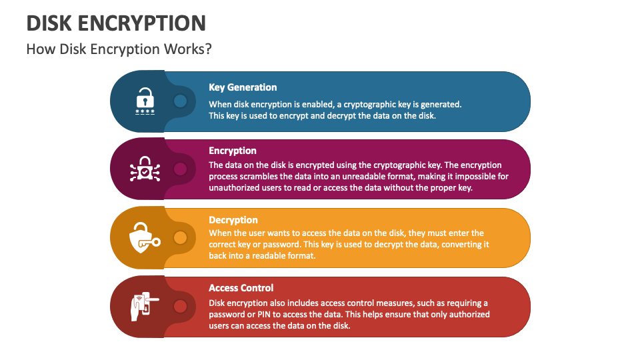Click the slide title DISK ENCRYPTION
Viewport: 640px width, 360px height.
point(116,23)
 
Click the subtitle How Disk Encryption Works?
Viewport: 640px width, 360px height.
point(119,50)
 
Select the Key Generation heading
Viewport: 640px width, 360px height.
point(243,87)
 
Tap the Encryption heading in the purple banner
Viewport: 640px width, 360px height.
point(233,151)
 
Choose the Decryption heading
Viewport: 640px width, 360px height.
point(233,220)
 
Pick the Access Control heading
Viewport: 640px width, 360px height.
point(241,288)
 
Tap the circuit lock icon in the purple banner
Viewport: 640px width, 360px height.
point(145,170)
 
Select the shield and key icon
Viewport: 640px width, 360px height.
point(144,238)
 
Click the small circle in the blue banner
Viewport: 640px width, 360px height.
point(180,101)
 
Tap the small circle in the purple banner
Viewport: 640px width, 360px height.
point(180,169)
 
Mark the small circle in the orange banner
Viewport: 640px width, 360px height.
point(180,237)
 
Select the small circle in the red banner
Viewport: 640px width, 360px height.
point(180,307)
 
